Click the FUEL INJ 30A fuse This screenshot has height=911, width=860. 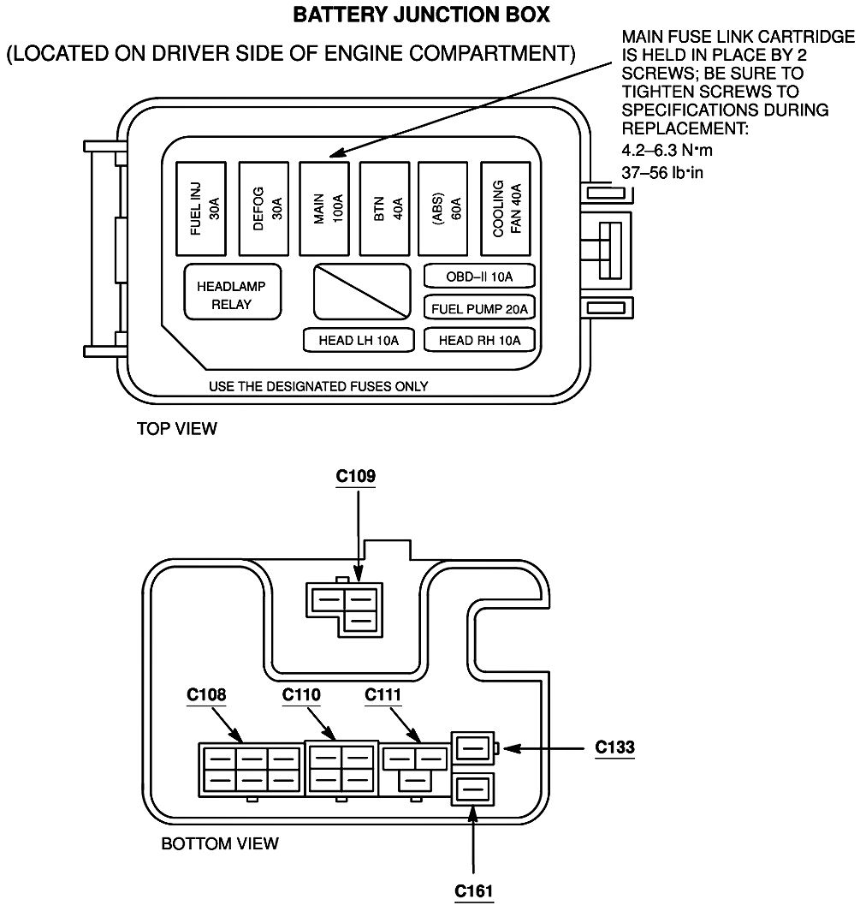(202, 208)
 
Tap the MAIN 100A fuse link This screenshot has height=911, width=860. (326, 208)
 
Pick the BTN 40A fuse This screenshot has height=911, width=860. (386, 208)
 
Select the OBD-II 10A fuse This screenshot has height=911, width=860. (479, 277)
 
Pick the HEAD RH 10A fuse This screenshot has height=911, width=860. (479, 340)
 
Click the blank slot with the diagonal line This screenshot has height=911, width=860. (361, 291)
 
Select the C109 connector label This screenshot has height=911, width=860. (356, 476)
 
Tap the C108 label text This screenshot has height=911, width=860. (206, 694)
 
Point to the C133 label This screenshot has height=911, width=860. (615, 747)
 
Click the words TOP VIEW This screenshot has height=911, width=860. (177, 429)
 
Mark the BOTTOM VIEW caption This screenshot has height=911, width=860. (220, 844)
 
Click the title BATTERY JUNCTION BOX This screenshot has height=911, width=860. (421, 15)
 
